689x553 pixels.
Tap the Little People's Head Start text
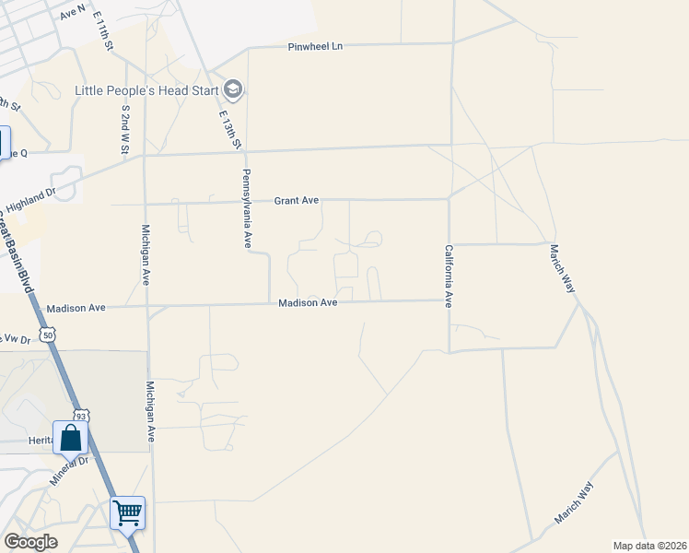[147, 90]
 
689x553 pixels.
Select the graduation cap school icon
[233, 89]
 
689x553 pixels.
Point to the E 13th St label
[229, 130]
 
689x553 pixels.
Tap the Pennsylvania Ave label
[247, 208]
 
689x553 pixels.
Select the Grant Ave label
[297, 200]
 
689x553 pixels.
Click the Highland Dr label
[32, 202]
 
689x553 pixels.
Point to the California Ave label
[449, 276]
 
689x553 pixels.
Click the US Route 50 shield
[48, 335]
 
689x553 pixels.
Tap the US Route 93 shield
[82, 417]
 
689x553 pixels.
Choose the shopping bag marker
[70, 439]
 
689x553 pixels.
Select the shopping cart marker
[127, 512]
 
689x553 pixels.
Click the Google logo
[30, 542]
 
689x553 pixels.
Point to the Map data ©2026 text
[649, 546]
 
